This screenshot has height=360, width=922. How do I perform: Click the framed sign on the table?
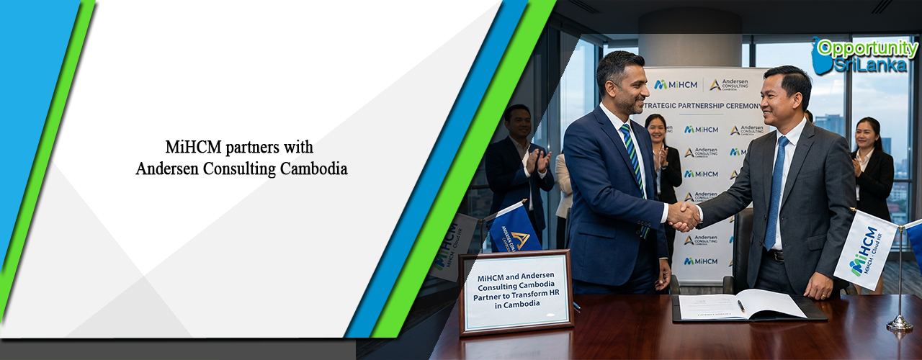point(515,291)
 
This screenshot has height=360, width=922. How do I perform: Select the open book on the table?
point(742,305)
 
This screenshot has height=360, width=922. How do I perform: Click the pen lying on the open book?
point(740,306)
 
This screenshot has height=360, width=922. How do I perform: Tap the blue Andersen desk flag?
point(513,229)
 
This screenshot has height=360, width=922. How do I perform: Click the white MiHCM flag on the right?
point(865,249)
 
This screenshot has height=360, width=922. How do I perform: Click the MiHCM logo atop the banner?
point(676,85)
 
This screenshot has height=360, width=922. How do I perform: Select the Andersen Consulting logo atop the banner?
point(729,85)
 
